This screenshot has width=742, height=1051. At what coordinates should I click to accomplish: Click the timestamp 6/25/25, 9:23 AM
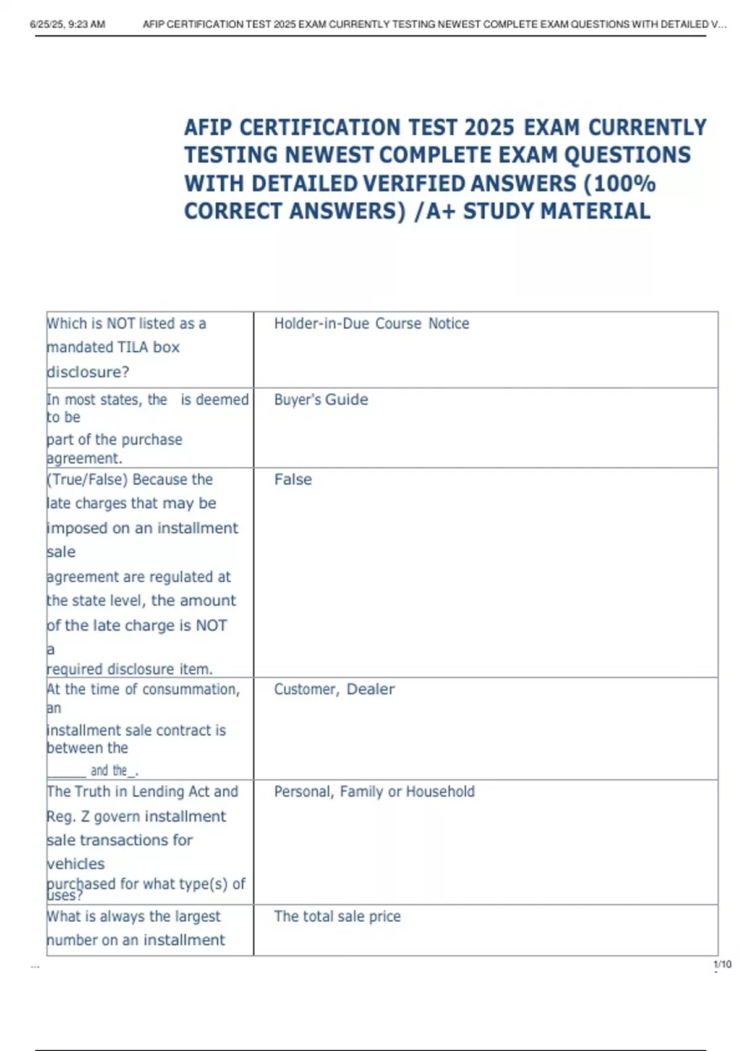(x=67, y=25)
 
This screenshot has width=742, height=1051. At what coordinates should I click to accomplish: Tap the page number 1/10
(x=722, y=964)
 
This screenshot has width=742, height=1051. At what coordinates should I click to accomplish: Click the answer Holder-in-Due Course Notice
(x=372, y=323)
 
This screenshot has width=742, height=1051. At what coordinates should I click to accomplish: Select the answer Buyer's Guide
(x=321, y=399)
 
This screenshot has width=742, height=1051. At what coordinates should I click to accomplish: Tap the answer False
(x=293, y=479)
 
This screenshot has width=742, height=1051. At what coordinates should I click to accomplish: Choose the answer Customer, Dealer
(x=334, y=689)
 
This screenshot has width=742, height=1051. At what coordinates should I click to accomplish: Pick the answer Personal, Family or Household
(x=374, y=791)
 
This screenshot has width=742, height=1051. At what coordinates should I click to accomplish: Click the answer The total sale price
(x=337, y=916)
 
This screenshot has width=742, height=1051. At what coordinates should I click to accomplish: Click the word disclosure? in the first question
(x=88, y=372)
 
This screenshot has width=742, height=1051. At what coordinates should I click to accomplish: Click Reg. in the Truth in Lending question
(x=59, y=817)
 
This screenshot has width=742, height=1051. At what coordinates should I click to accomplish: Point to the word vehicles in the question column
(x=75, y=864)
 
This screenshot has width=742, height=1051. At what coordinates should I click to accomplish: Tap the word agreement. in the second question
(x=84, y=458)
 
